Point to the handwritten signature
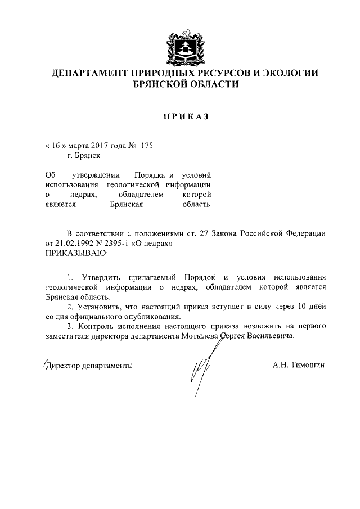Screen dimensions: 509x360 coord(201,368)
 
